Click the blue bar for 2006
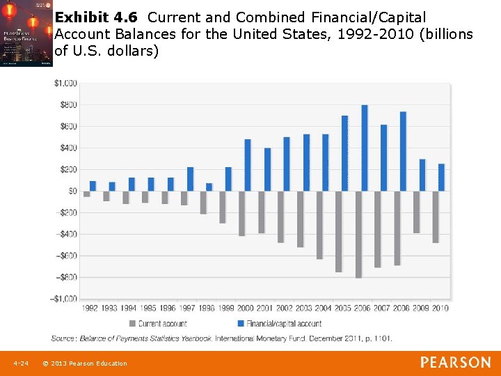coord(365,148)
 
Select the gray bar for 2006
coord(358,235)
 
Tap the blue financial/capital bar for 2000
coord(247,165)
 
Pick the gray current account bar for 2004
coord(319,225)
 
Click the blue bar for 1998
coord(209,187)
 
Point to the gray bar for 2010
coord(436,217)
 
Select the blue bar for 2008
coord(403,151)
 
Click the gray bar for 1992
coord(87,194)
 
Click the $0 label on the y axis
coord(72,191)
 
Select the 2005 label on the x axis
coord(342,308)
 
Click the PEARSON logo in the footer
coord(455,363)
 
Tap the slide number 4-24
coord(20,363)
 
